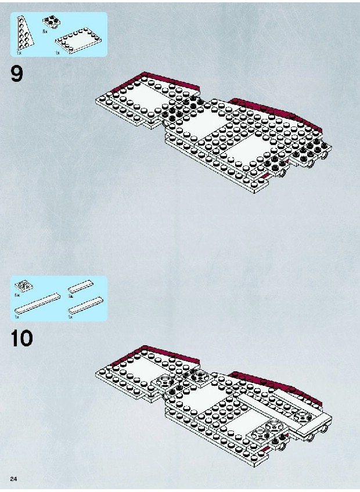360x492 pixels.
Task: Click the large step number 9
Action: (17, 74)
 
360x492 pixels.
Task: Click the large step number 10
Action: (21, 338)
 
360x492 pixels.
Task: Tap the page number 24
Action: (13, 479)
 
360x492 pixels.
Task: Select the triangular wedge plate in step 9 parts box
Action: (25, 32)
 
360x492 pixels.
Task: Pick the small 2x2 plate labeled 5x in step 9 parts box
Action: (52, 22)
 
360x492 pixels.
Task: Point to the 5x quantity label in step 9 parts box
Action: (45, 32)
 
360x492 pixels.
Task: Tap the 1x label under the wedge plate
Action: (19, 53)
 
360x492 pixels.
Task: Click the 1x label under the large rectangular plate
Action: (57, 53)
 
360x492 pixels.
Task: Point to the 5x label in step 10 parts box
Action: (17, 295)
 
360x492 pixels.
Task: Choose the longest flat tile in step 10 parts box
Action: (37, 303)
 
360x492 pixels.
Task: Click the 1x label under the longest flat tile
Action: (17, 317)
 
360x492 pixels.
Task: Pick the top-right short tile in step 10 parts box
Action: (81, 287)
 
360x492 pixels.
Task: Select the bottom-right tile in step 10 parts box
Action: (86, 305)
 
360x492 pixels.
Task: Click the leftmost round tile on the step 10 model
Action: (163, 382)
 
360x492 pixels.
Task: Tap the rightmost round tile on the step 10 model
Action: (303, 417)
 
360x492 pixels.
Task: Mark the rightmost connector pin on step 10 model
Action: (325, 429)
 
